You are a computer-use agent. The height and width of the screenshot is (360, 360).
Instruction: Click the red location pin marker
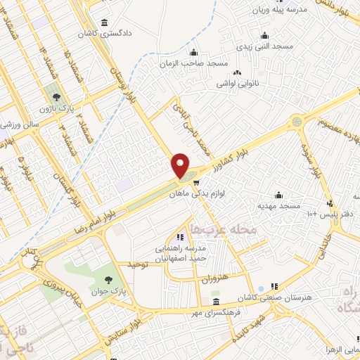coord(181,166)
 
